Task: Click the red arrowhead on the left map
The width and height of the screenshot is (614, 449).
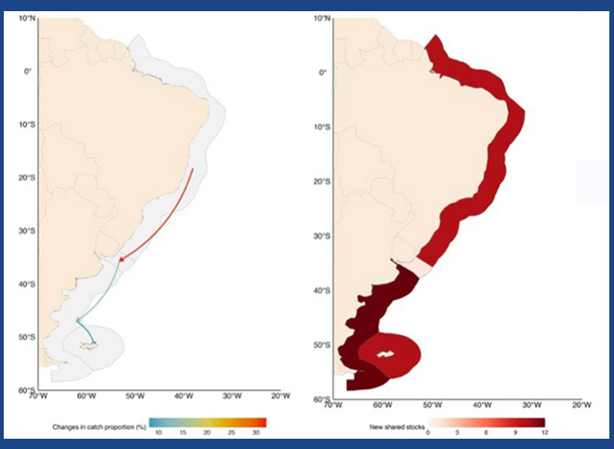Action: click(x=121, y=259)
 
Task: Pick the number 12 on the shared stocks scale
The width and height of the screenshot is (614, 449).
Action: click(x=544, y=432)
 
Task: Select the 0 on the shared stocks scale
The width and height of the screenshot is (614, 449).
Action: click(x=428, y=432)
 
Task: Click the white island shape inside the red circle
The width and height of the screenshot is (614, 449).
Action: click(x=386, y=353)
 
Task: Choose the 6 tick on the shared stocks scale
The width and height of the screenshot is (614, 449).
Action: click(x=486, y=432)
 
